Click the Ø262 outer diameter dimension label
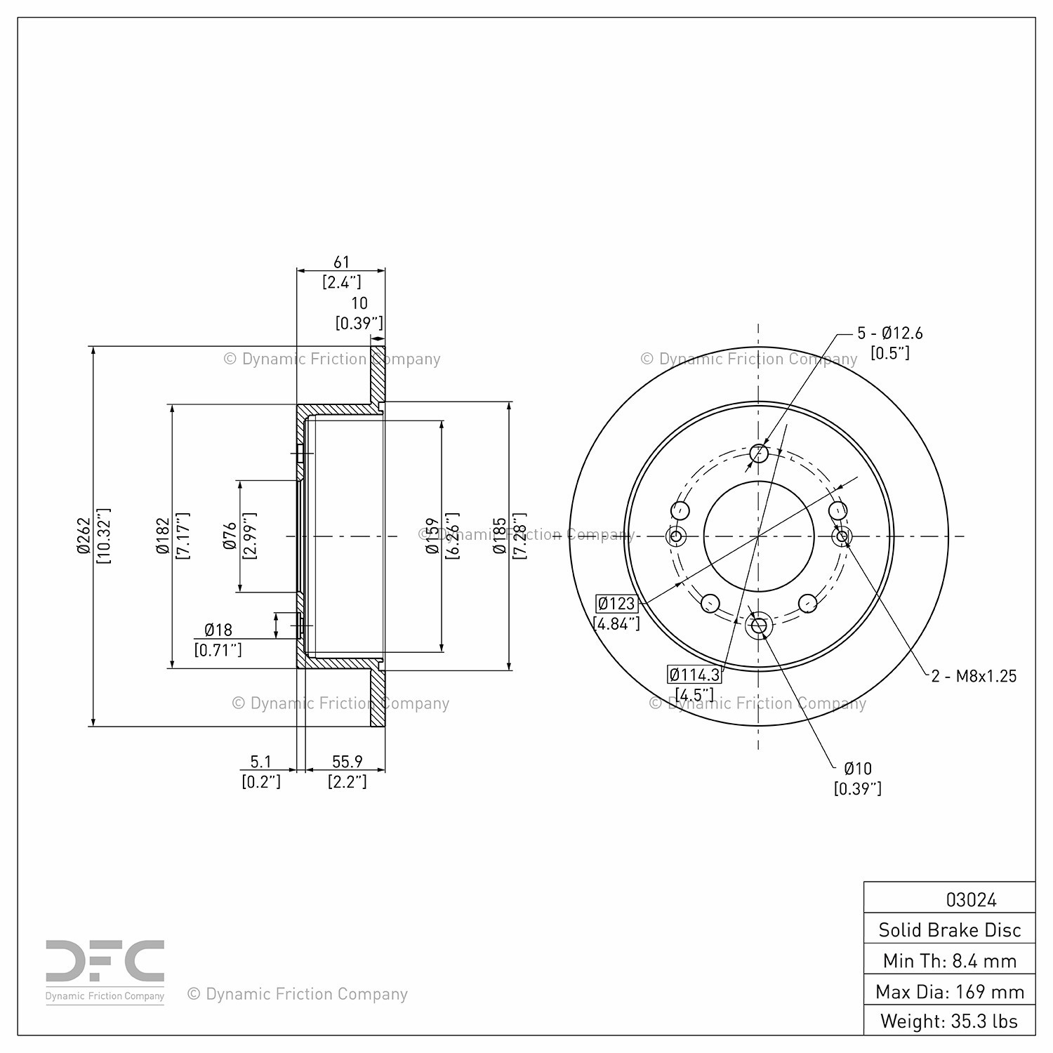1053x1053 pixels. [x=84, y=536]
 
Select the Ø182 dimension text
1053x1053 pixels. [x=163, y=536]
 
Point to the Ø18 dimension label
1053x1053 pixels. [x=218, y=630]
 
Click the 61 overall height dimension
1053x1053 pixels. [x=341, y=262]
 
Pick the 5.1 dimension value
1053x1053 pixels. [x=260, y=761]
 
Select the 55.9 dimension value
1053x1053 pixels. [x=347, y=761]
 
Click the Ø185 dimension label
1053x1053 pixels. [x=500, y=536]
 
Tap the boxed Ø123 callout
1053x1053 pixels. [x=616, y=603]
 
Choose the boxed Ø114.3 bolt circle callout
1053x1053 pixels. [x=694, y=675]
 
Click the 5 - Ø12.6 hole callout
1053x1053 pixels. [x=890, y=333]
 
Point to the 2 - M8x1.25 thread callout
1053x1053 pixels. [x=974, y=675]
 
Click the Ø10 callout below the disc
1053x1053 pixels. [x=858, y=768]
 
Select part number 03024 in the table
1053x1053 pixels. [x=972, y=899]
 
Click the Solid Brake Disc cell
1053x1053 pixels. [x=950, y=929]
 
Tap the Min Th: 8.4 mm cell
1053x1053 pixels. [x=950, y=960]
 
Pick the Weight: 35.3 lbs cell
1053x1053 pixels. [x=950, y=1021]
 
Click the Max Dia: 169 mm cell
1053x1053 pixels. [x=950, y=991]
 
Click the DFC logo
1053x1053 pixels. [x=105, y=971]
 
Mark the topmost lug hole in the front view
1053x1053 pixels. [x=759, y=453]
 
